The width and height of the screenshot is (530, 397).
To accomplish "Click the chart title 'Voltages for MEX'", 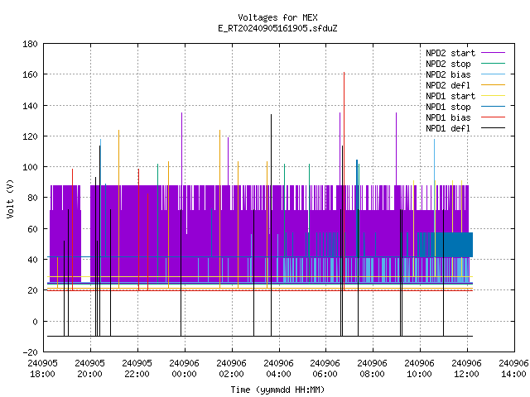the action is coord(277,17).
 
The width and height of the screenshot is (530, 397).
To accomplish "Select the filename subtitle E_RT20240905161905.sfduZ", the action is coord(277,28).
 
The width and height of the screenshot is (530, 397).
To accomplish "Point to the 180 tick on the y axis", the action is coord(30,44).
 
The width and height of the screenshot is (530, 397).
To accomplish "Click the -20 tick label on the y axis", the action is coord(30,352).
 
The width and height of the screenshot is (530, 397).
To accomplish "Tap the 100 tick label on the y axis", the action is coord(30,167).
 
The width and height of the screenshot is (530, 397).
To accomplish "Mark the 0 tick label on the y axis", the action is coord(35,322).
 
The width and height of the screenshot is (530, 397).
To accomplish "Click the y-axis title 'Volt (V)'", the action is coord(10,198).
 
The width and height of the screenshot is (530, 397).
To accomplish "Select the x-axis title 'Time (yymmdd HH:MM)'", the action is coord(277,390).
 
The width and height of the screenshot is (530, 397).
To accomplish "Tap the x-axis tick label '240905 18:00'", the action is coord(42,369).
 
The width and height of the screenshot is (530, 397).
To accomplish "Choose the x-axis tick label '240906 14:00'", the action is coord(513,369).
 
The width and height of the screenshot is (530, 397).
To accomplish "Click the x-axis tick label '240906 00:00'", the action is coord(184,369).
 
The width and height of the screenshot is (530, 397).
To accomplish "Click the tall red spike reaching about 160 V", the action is coord(344,181).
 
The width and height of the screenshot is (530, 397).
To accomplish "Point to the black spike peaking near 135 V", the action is coord(271,225).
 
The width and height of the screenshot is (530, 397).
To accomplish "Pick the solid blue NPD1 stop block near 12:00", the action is coord(454,245).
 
